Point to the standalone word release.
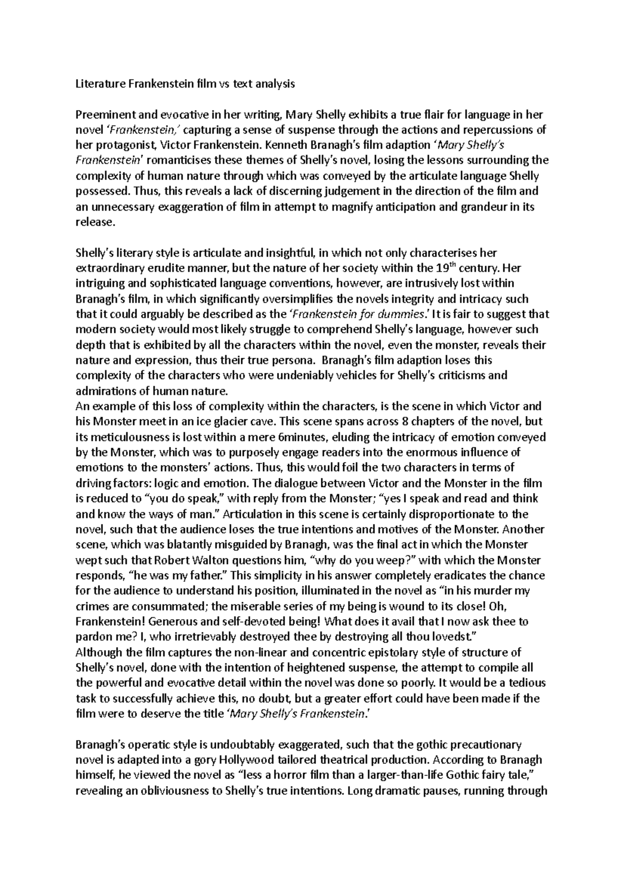94,222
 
